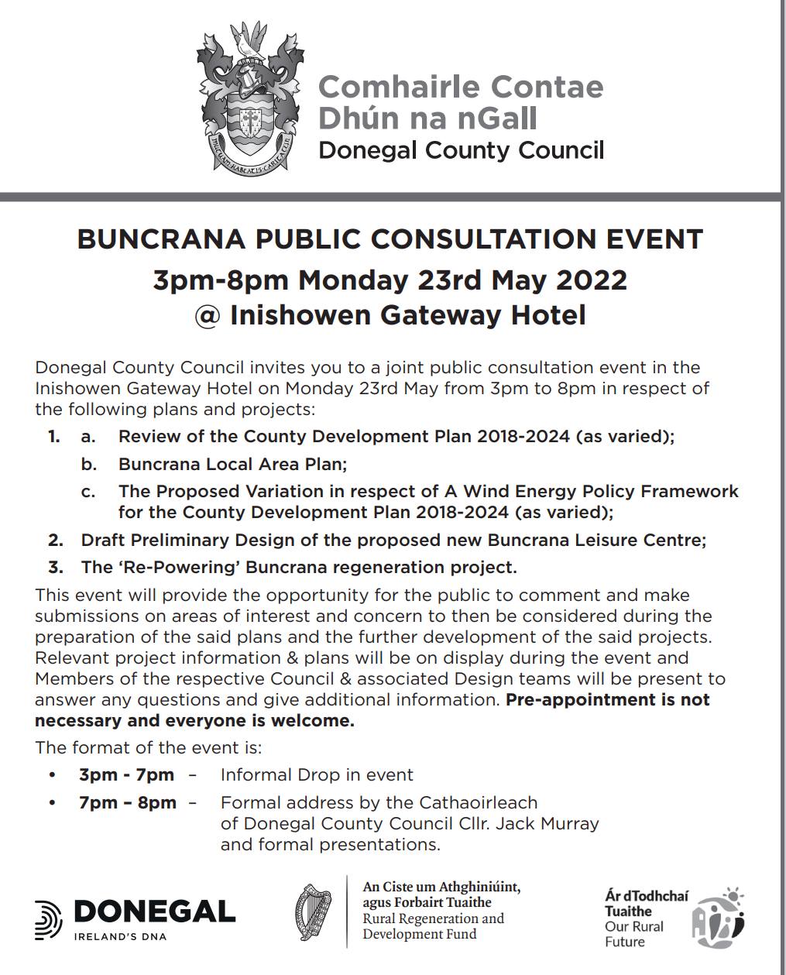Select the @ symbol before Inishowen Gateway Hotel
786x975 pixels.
[x=208, y=315]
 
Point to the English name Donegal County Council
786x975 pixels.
[x=461, y=149]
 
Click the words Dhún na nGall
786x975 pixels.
[x=427, y=118]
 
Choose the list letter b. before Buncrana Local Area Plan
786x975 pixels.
[x=88, y=464]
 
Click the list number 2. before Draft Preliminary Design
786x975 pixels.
[x=55, y=540]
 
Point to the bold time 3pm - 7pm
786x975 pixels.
[x=126, y=774]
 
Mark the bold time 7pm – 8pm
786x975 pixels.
[x=128, y=802]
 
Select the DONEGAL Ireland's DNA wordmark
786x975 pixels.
[x=136, y=918]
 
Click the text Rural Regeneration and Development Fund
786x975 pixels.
[x=433, y=926]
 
